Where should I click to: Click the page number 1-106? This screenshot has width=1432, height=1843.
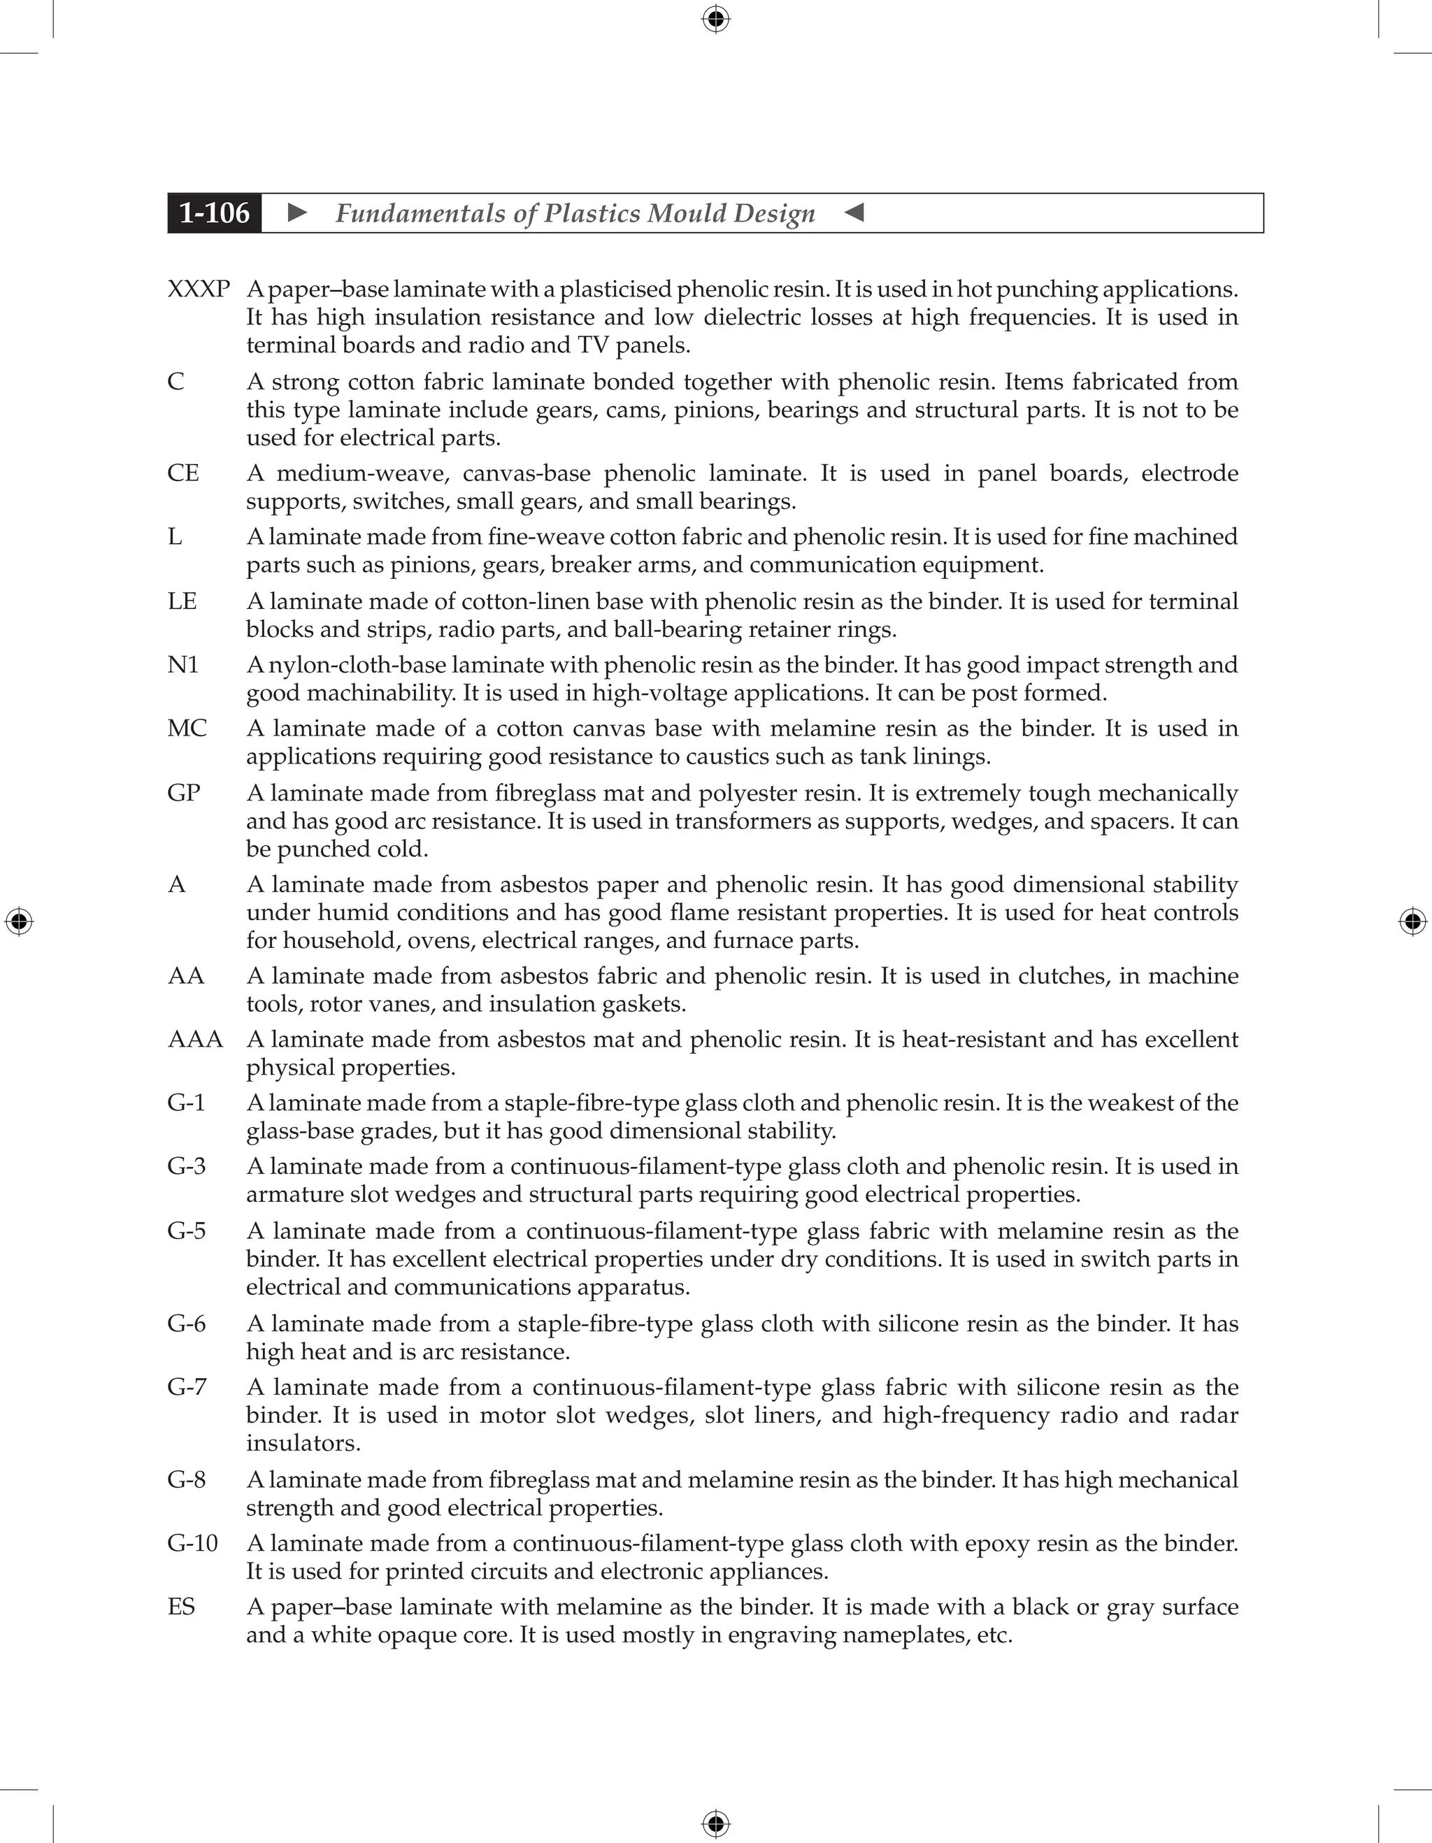tap(215, 213)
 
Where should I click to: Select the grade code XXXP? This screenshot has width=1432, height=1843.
tap(199, 289)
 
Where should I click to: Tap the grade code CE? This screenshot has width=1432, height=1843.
tap(183, 473)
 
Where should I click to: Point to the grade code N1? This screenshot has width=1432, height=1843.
tap(183, 665)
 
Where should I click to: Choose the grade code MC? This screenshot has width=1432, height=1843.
tap(187, 729)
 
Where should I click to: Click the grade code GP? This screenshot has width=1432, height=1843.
tap(184, 794)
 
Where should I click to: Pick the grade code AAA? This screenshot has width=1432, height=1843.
tap(195, 1039)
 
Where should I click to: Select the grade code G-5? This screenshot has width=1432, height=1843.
tap(187, 1231)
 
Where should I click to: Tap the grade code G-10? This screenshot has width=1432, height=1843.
tap(192, 1544)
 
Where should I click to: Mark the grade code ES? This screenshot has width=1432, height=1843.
tap(181, 1607)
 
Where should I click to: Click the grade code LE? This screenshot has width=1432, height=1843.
tap(182, 602)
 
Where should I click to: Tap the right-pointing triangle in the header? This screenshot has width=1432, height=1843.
tap(297, 213)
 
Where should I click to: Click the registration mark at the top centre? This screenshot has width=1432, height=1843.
tap(715, 19)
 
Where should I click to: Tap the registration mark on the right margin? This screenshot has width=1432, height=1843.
tap(1412, 921)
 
